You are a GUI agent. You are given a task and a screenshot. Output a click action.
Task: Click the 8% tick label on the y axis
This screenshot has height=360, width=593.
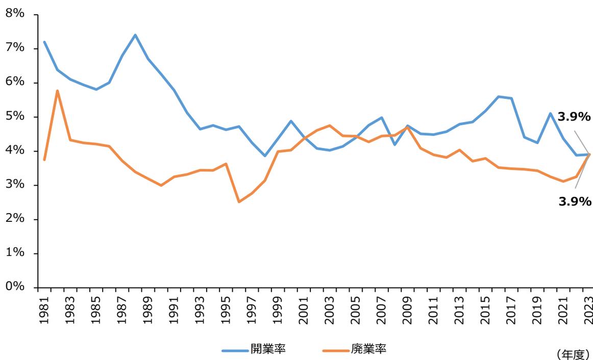(15, 14)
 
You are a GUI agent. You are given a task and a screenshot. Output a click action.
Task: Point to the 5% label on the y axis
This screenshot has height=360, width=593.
(15, 116)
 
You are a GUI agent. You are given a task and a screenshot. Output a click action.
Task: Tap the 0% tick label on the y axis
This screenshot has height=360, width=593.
(15, 287)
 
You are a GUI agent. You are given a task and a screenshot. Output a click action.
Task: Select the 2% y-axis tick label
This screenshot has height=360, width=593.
(15, 219)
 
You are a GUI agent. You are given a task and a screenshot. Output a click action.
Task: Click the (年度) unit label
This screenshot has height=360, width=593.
(572, 354)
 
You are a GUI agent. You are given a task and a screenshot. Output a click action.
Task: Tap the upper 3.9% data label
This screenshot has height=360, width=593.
(574, 117)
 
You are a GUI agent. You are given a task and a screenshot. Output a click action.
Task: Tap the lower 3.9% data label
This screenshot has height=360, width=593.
(575, 202)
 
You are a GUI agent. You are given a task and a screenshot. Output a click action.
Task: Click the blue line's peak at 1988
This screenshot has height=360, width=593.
(135, 35)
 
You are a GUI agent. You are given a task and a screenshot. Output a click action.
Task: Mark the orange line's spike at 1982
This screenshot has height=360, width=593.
(57, 91)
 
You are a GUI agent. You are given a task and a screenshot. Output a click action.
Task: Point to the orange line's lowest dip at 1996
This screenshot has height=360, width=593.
(239, 202)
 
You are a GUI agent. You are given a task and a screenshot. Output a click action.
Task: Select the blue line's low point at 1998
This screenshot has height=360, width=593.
(265, 156)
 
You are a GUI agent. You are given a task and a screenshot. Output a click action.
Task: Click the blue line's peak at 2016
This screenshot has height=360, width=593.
(499, 96)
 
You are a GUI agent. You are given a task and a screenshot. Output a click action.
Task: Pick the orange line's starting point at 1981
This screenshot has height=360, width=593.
(44, 160)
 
